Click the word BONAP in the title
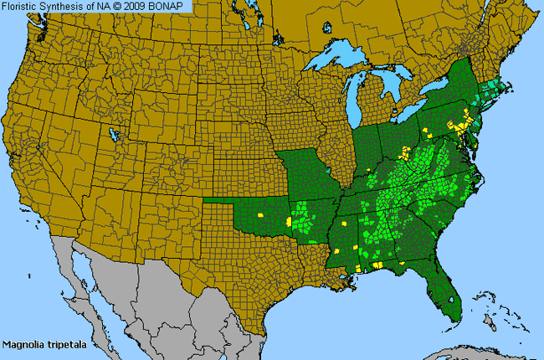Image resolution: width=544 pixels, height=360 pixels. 171,7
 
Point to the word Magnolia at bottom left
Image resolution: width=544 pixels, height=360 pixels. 23,344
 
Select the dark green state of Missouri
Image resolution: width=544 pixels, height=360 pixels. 313,177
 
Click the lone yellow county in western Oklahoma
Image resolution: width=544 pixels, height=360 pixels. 260,215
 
